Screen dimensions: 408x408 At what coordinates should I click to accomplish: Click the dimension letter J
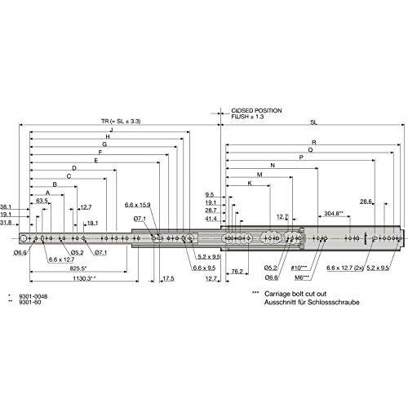pos(111,129)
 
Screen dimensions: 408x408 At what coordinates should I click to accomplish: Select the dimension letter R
pos(314,142)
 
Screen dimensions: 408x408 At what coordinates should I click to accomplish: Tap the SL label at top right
pos(314,122)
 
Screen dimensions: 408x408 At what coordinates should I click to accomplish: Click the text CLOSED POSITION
pos(256,111)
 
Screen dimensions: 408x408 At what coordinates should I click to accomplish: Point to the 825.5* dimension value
pos(78,268)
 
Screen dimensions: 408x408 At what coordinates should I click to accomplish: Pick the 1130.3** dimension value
pos(85,278)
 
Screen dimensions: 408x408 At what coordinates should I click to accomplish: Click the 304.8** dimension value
pos(334,214)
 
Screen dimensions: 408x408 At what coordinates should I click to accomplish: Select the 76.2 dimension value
pos(237,271)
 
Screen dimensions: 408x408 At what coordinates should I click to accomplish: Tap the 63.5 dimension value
pos(42,201)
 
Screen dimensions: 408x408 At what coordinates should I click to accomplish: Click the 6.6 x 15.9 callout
pos(138,205)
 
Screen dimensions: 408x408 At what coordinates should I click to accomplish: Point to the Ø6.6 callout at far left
pos(20,253)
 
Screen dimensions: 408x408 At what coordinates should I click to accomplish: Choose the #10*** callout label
pos(299,268)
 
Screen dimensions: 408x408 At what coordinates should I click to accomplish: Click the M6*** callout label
pos(302,277)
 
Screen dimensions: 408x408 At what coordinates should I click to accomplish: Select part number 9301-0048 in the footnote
pos(33,296)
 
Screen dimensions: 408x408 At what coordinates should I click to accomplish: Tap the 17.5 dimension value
pos(168,278)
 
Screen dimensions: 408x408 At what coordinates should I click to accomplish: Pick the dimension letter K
pos(250,183)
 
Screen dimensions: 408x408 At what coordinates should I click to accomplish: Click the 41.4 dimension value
pos(211,219)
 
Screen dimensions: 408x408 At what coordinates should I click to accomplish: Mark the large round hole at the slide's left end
pos(24,238)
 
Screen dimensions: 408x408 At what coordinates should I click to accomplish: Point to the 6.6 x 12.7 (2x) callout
pos(345,268)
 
